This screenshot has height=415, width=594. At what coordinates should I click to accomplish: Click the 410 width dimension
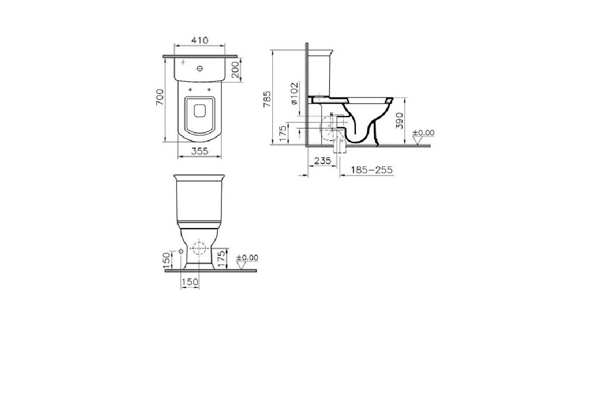(x=200, y=40)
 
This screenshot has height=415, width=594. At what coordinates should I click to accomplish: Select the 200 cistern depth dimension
(x=235, y=70)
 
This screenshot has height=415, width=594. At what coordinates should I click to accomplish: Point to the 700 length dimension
(x=160, y=97)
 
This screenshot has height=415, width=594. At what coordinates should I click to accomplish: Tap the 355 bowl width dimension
(x=200, y=151)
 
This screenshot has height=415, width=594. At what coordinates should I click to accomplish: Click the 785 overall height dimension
(x=268, y=99)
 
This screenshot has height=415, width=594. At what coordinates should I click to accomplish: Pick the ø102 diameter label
(x=295, y=93)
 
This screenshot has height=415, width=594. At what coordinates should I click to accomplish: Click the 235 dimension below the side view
(x=323, y=161)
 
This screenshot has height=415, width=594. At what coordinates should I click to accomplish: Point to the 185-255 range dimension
(x=372, y=170)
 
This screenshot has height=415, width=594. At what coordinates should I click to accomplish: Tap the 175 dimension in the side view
(x=283, y=134)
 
